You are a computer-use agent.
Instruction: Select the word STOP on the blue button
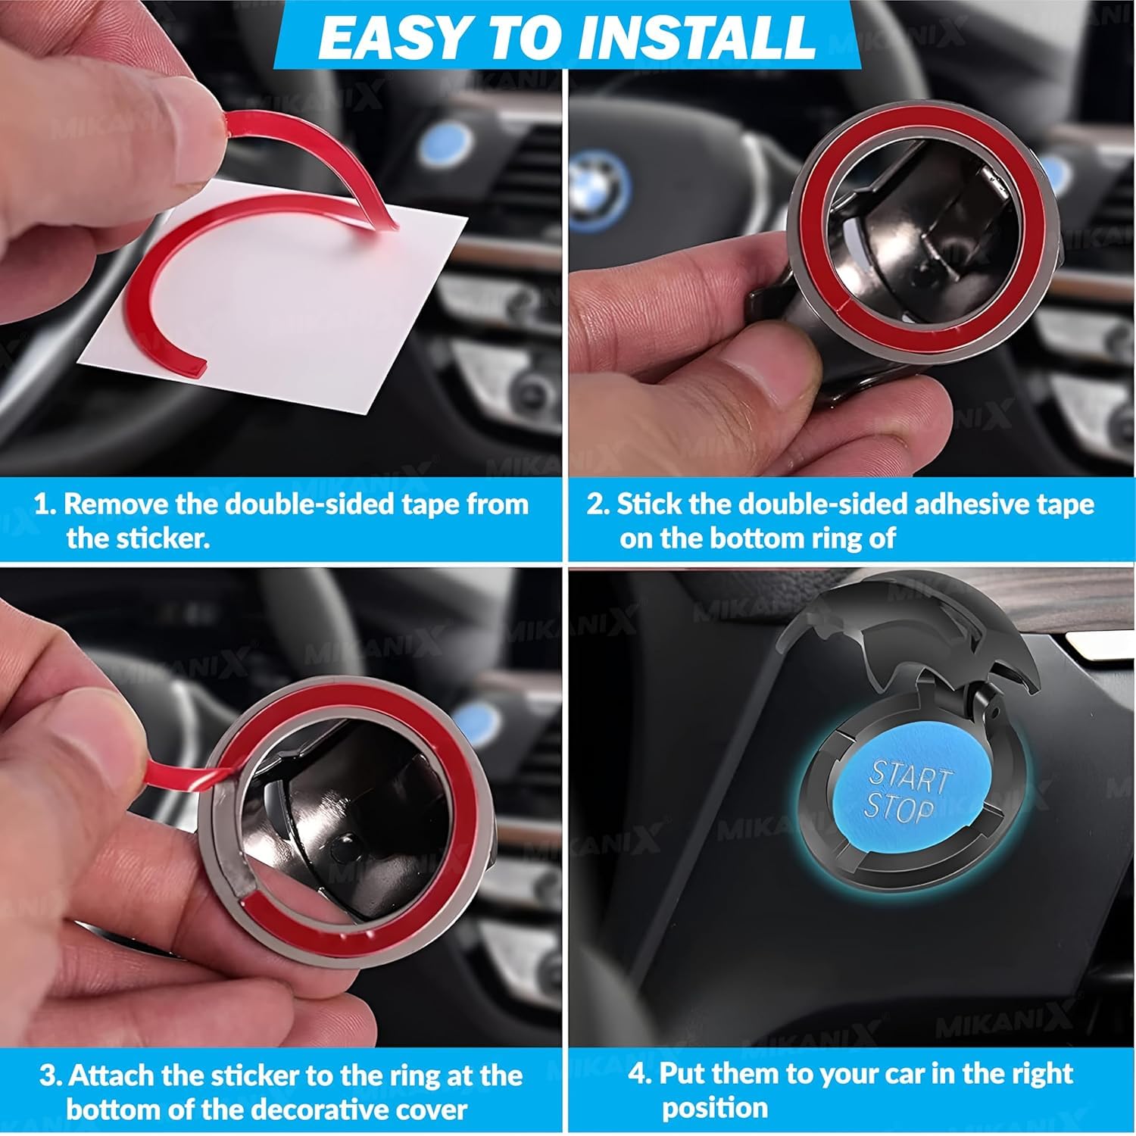click(900, 809)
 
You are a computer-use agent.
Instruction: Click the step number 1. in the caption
click(45, 504)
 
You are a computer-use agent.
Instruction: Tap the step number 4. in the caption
click(641, 1074)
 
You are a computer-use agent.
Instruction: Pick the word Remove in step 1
click(117, 504)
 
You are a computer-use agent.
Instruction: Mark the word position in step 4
click(715, 1109)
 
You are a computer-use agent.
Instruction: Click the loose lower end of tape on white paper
click(193, 367)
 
